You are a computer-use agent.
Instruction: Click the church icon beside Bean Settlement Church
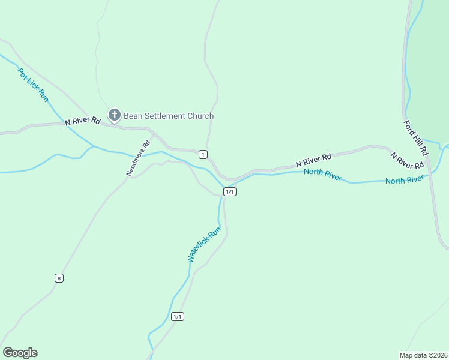[x=115, y=115]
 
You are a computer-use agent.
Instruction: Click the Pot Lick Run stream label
[x=32, y=85]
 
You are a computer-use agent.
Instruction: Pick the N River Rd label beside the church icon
[x=82, y=121]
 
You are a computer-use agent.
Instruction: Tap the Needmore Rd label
[x=138, y=158]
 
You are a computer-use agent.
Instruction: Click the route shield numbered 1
[x=203, y=155]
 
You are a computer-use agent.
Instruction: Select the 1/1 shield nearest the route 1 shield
[x=229, y=191]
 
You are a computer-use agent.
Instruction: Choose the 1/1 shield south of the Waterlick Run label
[x=177, y=316]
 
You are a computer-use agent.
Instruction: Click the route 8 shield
[x=58, y=278]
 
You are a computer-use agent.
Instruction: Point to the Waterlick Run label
[x=204, y=244]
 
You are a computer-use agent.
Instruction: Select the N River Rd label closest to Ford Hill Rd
[x=407, y=161]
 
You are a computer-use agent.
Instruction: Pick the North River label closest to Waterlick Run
[x=322, y=175]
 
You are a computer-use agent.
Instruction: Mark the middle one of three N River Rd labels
[x=313, y=161]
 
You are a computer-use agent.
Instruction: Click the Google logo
[x=20, y=353]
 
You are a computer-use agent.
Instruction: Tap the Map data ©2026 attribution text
[x=423, y=355]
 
